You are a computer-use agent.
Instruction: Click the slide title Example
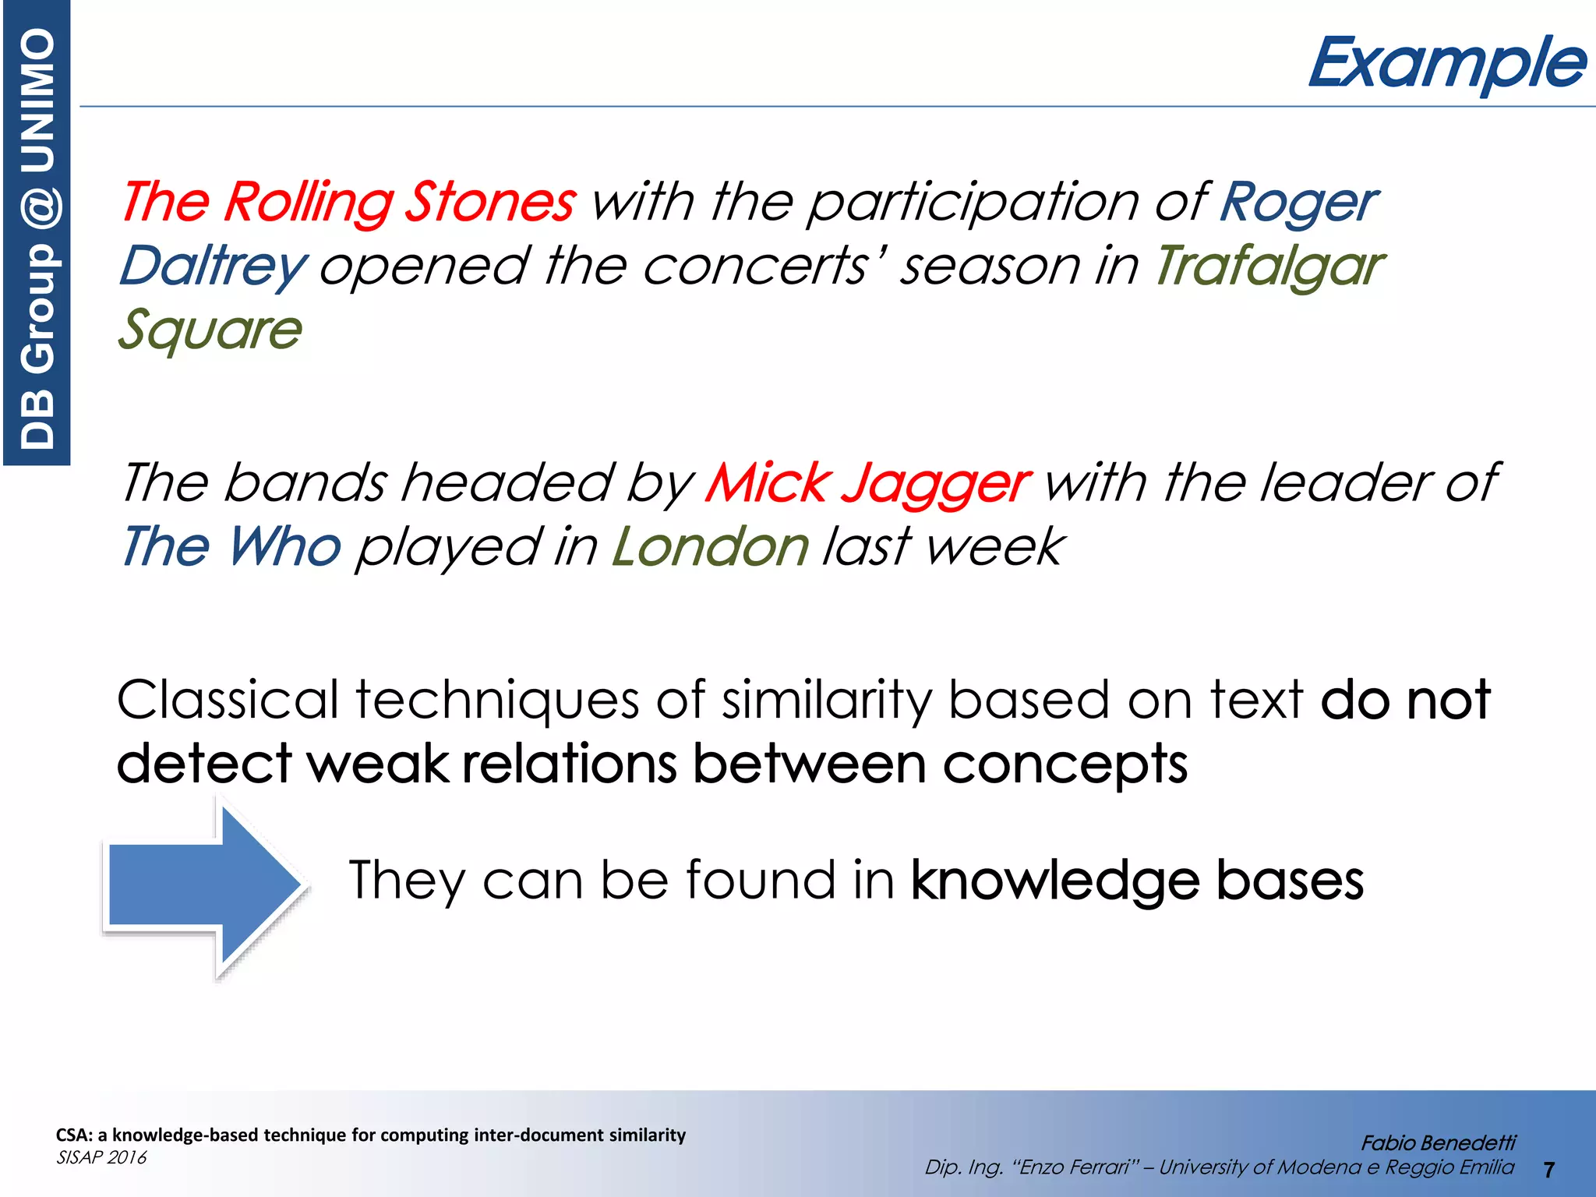pyautogui.click(x=1446, y=64)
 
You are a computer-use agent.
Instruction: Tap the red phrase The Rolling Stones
pyautogui.click(x=348, y=203)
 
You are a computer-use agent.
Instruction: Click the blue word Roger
pyautogui.click(x=1298, y=203)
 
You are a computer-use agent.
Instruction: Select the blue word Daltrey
pyautogui.click(x=213, y=267)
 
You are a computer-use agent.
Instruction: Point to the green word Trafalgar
pyautogui.click(x=1269, y=267)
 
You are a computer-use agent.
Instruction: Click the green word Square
pyautogui.click(x=210, y=330)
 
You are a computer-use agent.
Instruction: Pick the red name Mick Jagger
pyautogui.click(x=867, y=483)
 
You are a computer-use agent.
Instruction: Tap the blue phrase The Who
pyautogui.click(x=231, y=547)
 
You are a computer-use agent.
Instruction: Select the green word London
pyautogui.click(x=711, y=547)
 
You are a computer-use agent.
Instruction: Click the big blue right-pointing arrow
pyautogui.click(x=204, y=887)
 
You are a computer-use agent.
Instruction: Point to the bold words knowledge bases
pyautogui.click(x=1137, y=881)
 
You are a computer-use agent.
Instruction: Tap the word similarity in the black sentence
pyautogui.click(x=825, y=700)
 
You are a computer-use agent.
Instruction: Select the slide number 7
pyautogui.click(x=1548, y=1170)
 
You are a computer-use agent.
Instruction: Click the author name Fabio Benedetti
pyautogui.click(x=1438, y=1143)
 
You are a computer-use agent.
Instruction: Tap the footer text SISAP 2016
pyautogui.click(x=101, y=1158)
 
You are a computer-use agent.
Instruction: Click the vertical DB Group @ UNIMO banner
pyautogui.click(x=37, y=234)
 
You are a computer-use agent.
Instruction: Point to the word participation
pyautogui.click(x=974, y=203)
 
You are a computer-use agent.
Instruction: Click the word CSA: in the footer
pyautogui.click(x=73, y=1135)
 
